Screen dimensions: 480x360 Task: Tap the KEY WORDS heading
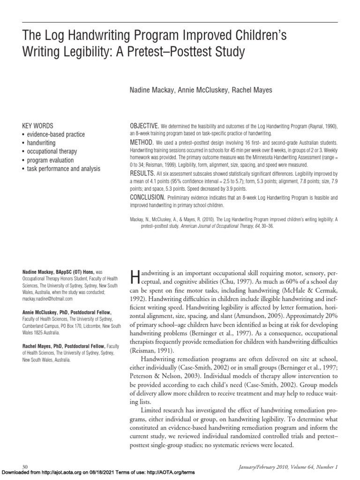(38, 126)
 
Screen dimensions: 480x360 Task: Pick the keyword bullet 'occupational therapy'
(52, 151)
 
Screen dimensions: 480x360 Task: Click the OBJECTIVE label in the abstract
(144, 127)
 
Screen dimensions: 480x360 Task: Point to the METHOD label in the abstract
(141, 142)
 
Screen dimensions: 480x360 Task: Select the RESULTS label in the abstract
(142, 173)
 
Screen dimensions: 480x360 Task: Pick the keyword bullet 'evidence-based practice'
(56, 135)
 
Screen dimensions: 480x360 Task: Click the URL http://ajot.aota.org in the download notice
(60, 474)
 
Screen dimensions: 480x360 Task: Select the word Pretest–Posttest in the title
(172, 52)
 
